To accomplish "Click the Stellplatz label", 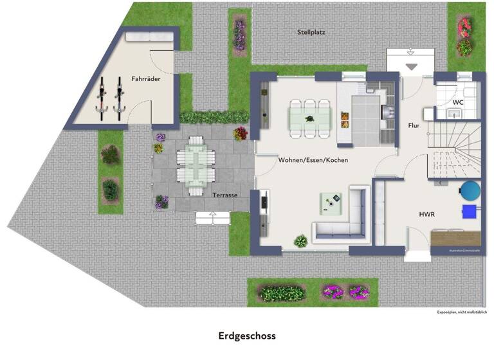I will (311, 32).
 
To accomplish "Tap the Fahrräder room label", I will (146, 78).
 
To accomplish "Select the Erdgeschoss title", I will (246, 336).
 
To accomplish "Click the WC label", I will (458, 102).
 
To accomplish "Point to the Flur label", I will (414, 125).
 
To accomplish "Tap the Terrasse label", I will (225, 194).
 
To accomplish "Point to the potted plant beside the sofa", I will (300, 242).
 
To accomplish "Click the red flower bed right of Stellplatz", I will (464, 37).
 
